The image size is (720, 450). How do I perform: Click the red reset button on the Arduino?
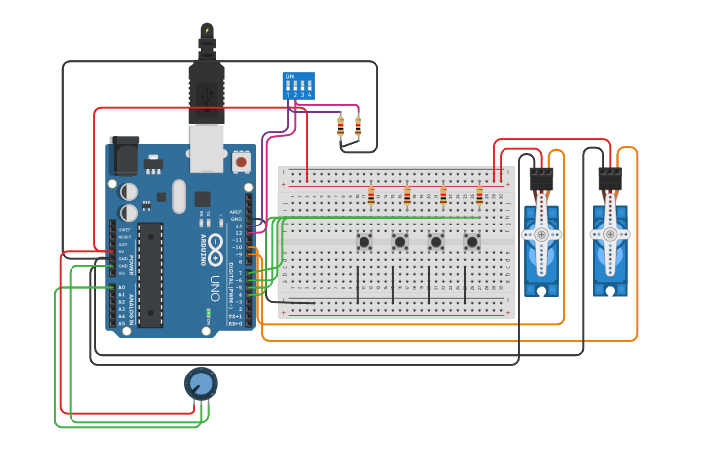click(241, 159)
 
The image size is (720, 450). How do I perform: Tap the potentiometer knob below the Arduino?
click(200, 383)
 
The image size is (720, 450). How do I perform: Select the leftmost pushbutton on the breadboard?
click(364, 241)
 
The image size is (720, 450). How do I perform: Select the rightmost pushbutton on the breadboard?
click(472, 241)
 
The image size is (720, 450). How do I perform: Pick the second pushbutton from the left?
click(400, 241)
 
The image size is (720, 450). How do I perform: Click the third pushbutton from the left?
click(436, 241)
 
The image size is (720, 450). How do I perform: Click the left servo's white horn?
click(541, 234)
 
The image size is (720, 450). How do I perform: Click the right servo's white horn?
click(610, 234)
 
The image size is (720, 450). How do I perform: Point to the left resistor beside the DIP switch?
click(341, 127)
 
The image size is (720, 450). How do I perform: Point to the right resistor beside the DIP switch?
click(358, 127)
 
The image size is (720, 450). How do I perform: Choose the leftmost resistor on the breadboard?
click(371, 197)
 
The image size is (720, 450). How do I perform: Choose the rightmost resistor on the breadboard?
click(479, 197)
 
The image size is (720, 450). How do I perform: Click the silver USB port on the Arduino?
click(207, 145)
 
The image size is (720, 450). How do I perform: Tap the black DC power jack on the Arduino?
click(124, 157)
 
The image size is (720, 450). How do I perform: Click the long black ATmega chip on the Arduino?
click(150, 273)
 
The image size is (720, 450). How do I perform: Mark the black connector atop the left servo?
click(541, 180)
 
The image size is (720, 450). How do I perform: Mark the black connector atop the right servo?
click(610, 180)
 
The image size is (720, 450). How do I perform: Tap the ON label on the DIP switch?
click(290, 76)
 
